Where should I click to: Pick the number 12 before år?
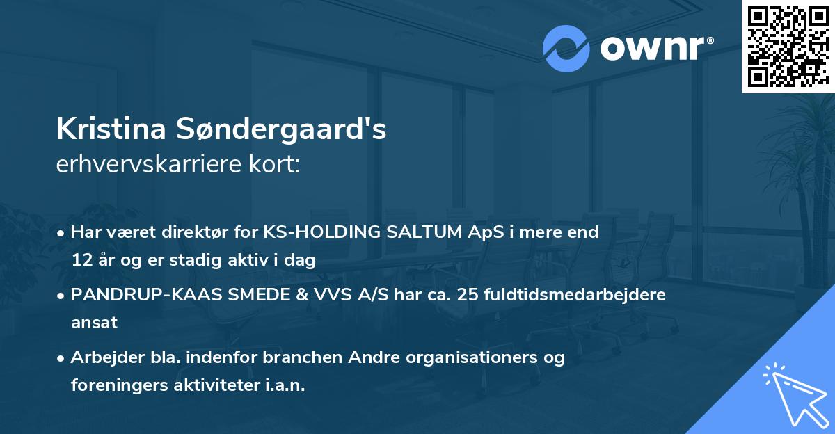(x=82, y=261)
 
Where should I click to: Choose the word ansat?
(x=94, y=323)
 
